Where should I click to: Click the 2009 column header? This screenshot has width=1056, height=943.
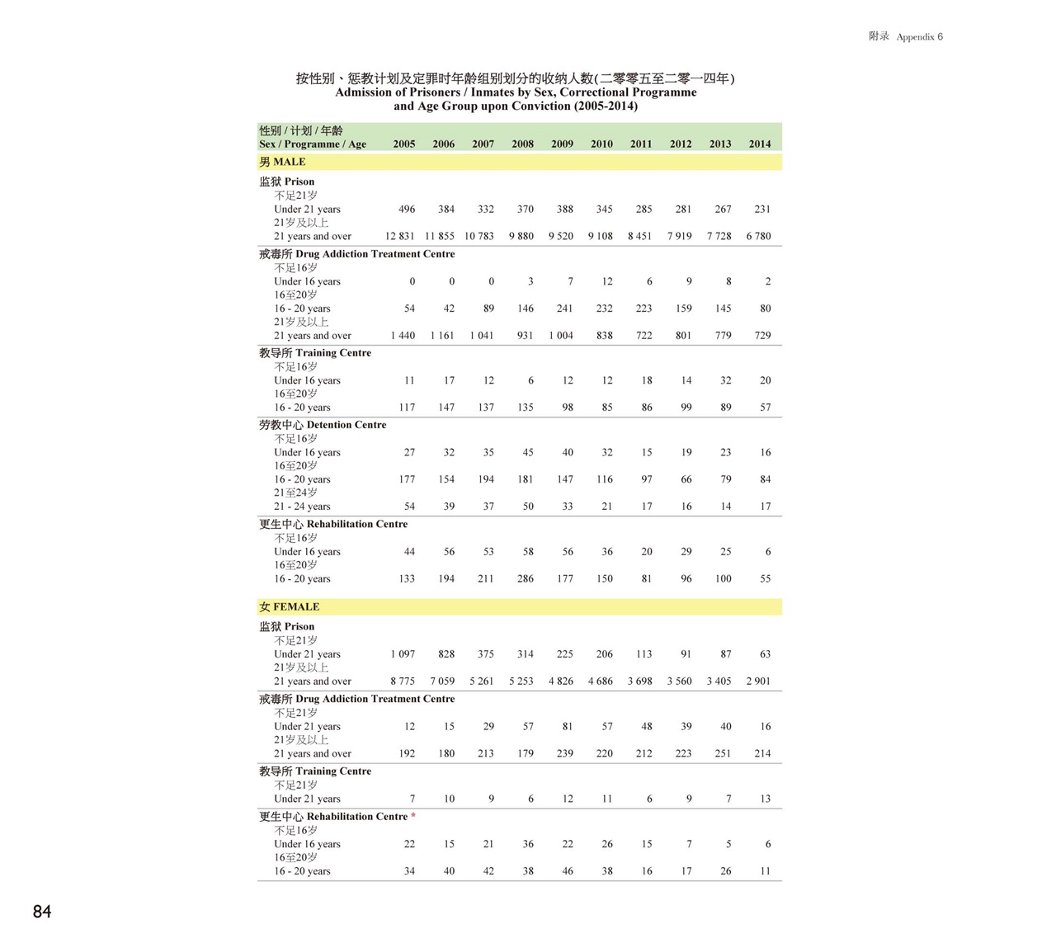562,144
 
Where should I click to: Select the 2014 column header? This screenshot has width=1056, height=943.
760,144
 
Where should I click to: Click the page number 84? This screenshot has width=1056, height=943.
42,912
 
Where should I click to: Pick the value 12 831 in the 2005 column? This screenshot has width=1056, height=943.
400,236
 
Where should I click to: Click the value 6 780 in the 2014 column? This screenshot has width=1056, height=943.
758,236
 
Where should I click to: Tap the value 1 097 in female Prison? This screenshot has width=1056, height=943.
403,654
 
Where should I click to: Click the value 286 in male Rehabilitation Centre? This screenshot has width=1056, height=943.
525,579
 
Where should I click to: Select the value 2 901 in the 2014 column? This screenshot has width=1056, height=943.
758,681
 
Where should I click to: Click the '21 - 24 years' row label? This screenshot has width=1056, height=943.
302,507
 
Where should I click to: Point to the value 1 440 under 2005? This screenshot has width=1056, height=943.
403,336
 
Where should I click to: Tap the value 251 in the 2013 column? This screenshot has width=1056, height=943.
723,753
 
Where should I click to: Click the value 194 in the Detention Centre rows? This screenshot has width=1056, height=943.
486,479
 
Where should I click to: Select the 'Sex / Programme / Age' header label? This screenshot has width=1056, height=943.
313,144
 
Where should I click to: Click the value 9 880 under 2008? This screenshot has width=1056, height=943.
521,236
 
